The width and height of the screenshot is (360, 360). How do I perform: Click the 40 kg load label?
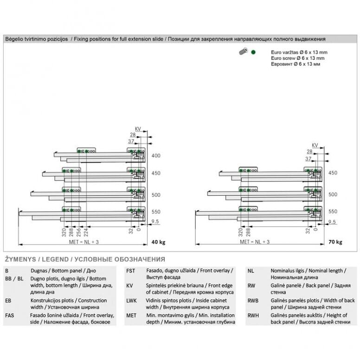coord(158,242)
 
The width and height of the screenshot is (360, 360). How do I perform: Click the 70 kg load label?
coord(335,242)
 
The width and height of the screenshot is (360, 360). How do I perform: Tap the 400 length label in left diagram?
coord(156,156)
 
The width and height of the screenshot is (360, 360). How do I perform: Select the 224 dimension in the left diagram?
coord(86,232)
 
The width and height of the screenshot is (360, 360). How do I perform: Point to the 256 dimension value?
coord(79,232)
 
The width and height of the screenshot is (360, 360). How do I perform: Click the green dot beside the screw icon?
coord(253,52)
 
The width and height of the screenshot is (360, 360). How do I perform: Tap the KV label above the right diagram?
coord(315,146)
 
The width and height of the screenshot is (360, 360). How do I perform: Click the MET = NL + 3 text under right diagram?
coord(254,242)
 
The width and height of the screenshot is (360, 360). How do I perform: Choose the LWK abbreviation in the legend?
coord(132,301)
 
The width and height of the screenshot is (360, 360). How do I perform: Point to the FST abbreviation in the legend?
coord(130,270)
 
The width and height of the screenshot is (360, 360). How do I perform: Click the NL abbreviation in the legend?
coord(251,270)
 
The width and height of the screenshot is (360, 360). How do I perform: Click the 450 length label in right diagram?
coord(333,173)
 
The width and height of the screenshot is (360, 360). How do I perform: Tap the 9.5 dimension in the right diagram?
coord(332,222)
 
